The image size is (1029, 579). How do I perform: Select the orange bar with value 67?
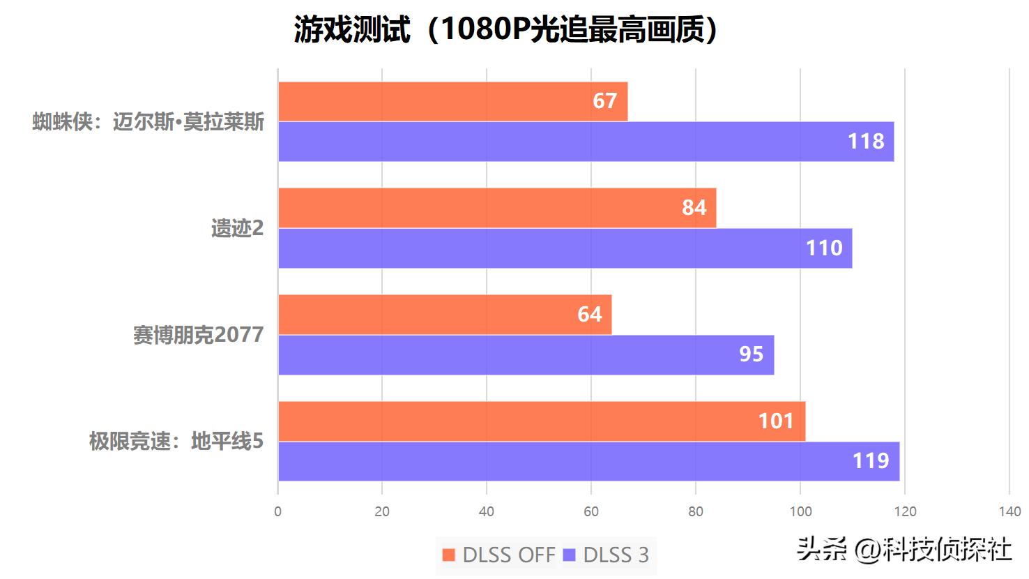(452, 101)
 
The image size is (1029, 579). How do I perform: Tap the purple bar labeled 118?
(586, 142)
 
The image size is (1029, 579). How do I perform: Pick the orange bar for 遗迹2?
(496, 208)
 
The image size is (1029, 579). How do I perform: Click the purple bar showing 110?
(565, 248)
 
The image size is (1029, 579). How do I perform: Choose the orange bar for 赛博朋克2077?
(445, 315)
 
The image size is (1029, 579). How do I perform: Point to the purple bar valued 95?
(526, 355)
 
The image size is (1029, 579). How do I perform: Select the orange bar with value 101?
(541, 421)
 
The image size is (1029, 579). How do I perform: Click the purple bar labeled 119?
(588, 461)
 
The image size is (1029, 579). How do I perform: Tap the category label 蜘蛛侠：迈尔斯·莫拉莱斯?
(148, 122)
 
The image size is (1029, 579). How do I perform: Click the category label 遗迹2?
(238, 228)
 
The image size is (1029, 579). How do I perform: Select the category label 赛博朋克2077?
(199, 335)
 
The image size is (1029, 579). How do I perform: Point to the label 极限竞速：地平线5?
(176, 442)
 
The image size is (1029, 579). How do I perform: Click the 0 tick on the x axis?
(278, 511)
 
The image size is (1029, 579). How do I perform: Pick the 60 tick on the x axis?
(591, 511)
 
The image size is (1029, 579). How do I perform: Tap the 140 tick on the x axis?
(1009, 511)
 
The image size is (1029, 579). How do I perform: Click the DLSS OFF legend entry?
(499, 555)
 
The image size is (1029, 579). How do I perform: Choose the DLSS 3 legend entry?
(607, 555)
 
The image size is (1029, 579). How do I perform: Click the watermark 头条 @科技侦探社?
(904, 550)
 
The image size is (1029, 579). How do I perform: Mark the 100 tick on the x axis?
(800, 511)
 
